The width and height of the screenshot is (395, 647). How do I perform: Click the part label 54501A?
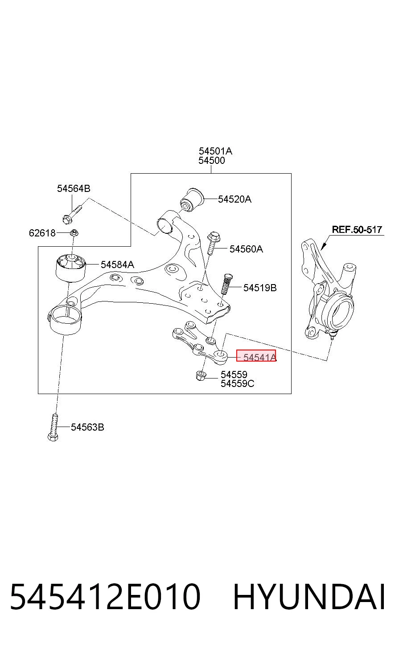click(x=215, y=151)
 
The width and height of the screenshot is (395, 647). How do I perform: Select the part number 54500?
click(x=212, y=161)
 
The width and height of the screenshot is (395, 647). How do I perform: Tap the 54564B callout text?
click(x=74, y=189)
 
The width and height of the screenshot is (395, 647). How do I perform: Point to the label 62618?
click(x=42, y=233)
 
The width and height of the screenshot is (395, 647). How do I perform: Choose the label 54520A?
click(x=235, y=199)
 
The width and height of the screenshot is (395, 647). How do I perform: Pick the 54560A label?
click(x=247, y=249)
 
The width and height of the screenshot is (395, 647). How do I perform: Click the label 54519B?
click(x=260, y=288)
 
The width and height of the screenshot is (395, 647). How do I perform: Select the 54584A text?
click(x=117, y=264)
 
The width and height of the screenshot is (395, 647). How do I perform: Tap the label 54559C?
click(x=238, y=383)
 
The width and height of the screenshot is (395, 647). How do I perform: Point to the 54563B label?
click(x=88, y=427)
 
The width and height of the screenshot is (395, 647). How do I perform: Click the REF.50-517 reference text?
click(x=357, y=230)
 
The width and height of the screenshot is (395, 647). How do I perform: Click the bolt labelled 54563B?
click(x=53, y=427)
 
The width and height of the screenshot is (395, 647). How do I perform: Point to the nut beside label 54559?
click(x=201, y=376)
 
